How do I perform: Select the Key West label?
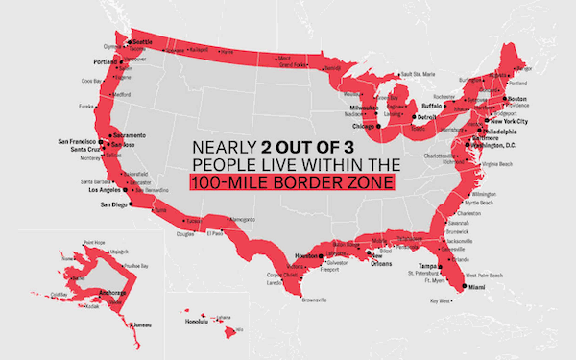(441, 300)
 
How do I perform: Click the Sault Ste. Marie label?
(418, 73)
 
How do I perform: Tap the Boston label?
(518, 99)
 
